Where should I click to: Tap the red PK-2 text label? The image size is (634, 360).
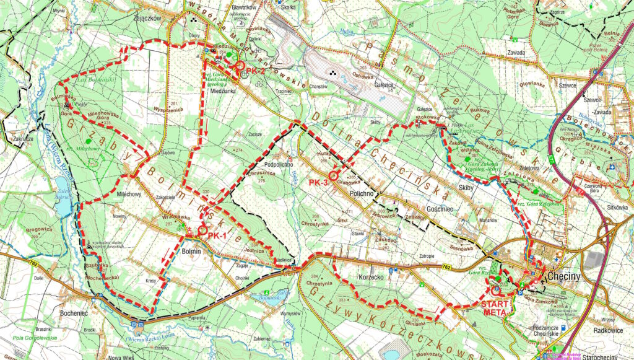pos(256,72)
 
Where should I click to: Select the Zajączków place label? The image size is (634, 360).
pos(147,19)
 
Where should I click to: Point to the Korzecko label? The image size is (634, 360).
pos(371,278)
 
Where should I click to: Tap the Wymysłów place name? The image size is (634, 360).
pos(290,314)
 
